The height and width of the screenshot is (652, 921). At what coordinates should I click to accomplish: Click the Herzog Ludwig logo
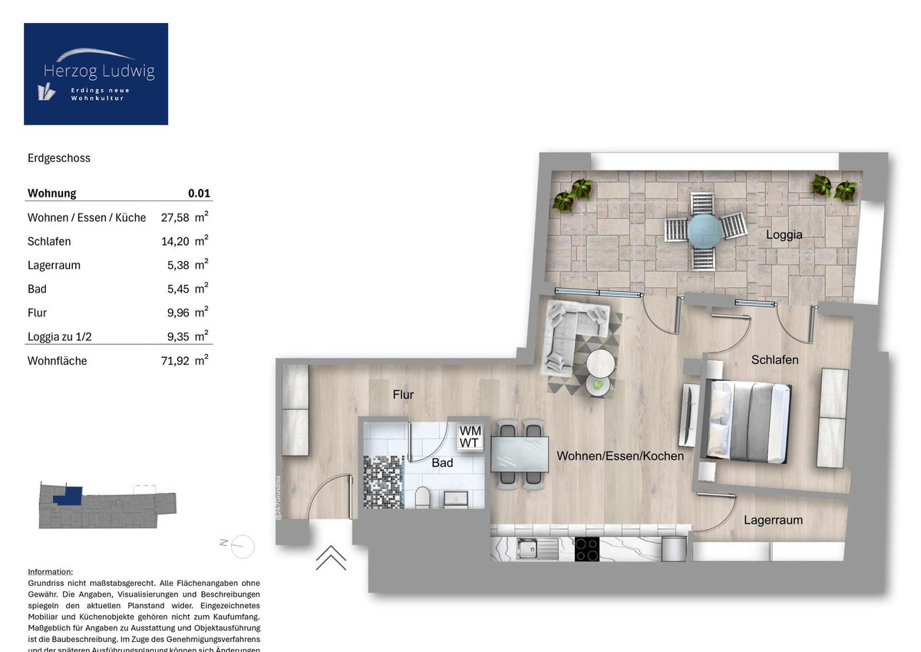tap(96, 74)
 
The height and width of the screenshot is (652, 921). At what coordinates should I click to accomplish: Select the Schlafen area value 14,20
tap(174, 241)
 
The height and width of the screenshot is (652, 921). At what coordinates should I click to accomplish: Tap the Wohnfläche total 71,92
tap(174, 360)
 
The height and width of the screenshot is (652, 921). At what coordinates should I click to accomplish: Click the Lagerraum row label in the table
tap(54, 265)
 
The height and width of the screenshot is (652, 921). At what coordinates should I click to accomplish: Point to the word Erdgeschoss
tap(59, 158)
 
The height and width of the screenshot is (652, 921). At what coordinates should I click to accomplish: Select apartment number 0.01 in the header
tap(199, 194)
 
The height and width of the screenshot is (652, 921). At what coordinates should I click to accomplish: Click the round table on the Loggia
tap(705, 230)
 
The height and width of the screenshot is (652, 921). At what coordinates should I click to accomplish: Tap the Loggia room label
tap(784, 235)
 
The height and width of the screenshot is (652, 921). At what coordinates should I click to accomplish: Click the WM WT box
tap(470, 437)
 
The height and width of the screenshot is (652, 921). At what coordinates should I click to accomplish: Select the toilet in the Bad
tap(421, 500)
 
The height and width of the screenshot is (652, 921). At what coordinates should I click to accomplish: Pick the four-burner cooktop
tap(587, 549)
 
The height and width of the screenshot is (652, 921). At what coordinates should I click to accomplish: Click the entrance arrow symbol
tap(331, 558)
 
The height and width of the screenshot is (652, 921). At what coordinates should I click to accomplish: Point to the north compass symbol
tap(243, 544)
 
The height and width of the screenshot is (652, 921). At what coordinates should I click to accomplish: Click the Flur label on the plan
tap(403, 395)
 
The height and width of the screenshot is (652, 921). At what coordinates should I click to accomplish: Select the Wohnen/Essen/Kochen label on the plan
tap(620, 456)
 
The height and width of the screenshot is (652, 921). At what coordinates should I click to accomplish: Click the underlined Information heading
tap(51, 572)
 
